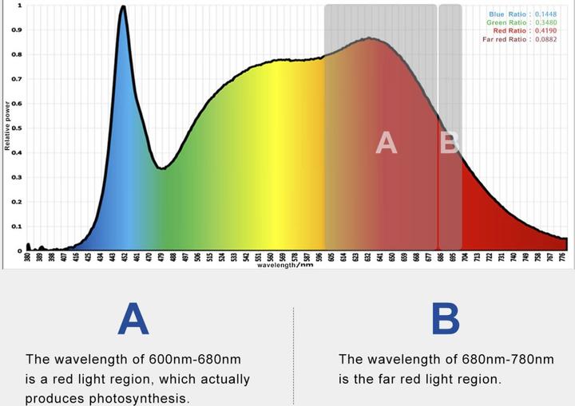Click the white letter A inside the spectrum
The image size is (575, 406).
(386, 143)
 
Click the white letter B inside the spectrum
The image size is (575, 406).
(450, 143)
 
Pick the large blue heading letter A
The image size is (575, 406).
(133, 319)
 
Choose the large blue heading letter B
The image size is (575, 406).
(445, 319)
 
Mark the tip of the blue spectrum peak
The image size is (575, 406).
(122, 7)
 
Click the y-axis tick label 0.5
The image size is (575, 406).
(19, 128)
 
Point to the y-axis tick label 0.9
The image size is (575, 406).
(19, 30)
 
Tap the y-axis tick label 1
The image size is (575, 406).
(20, 6)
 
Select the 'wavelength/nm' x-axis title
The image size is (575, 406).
(285, 266)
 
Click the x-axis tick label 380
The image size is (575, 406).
(27, 258)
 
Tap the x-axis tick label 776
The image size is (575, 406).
(563, 258)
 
